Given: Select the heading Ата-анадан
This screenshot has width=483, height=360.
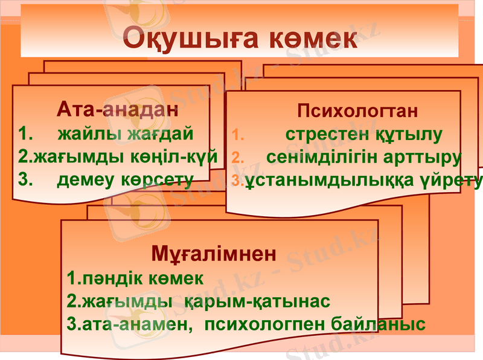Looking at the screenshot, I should click(118, 110).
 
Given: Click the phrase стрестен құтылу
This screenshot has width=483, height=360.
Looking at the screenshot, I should click(364, 134).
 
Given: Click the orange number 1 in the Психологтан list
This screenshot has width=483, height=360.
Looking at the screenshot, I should click(237, 135).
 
